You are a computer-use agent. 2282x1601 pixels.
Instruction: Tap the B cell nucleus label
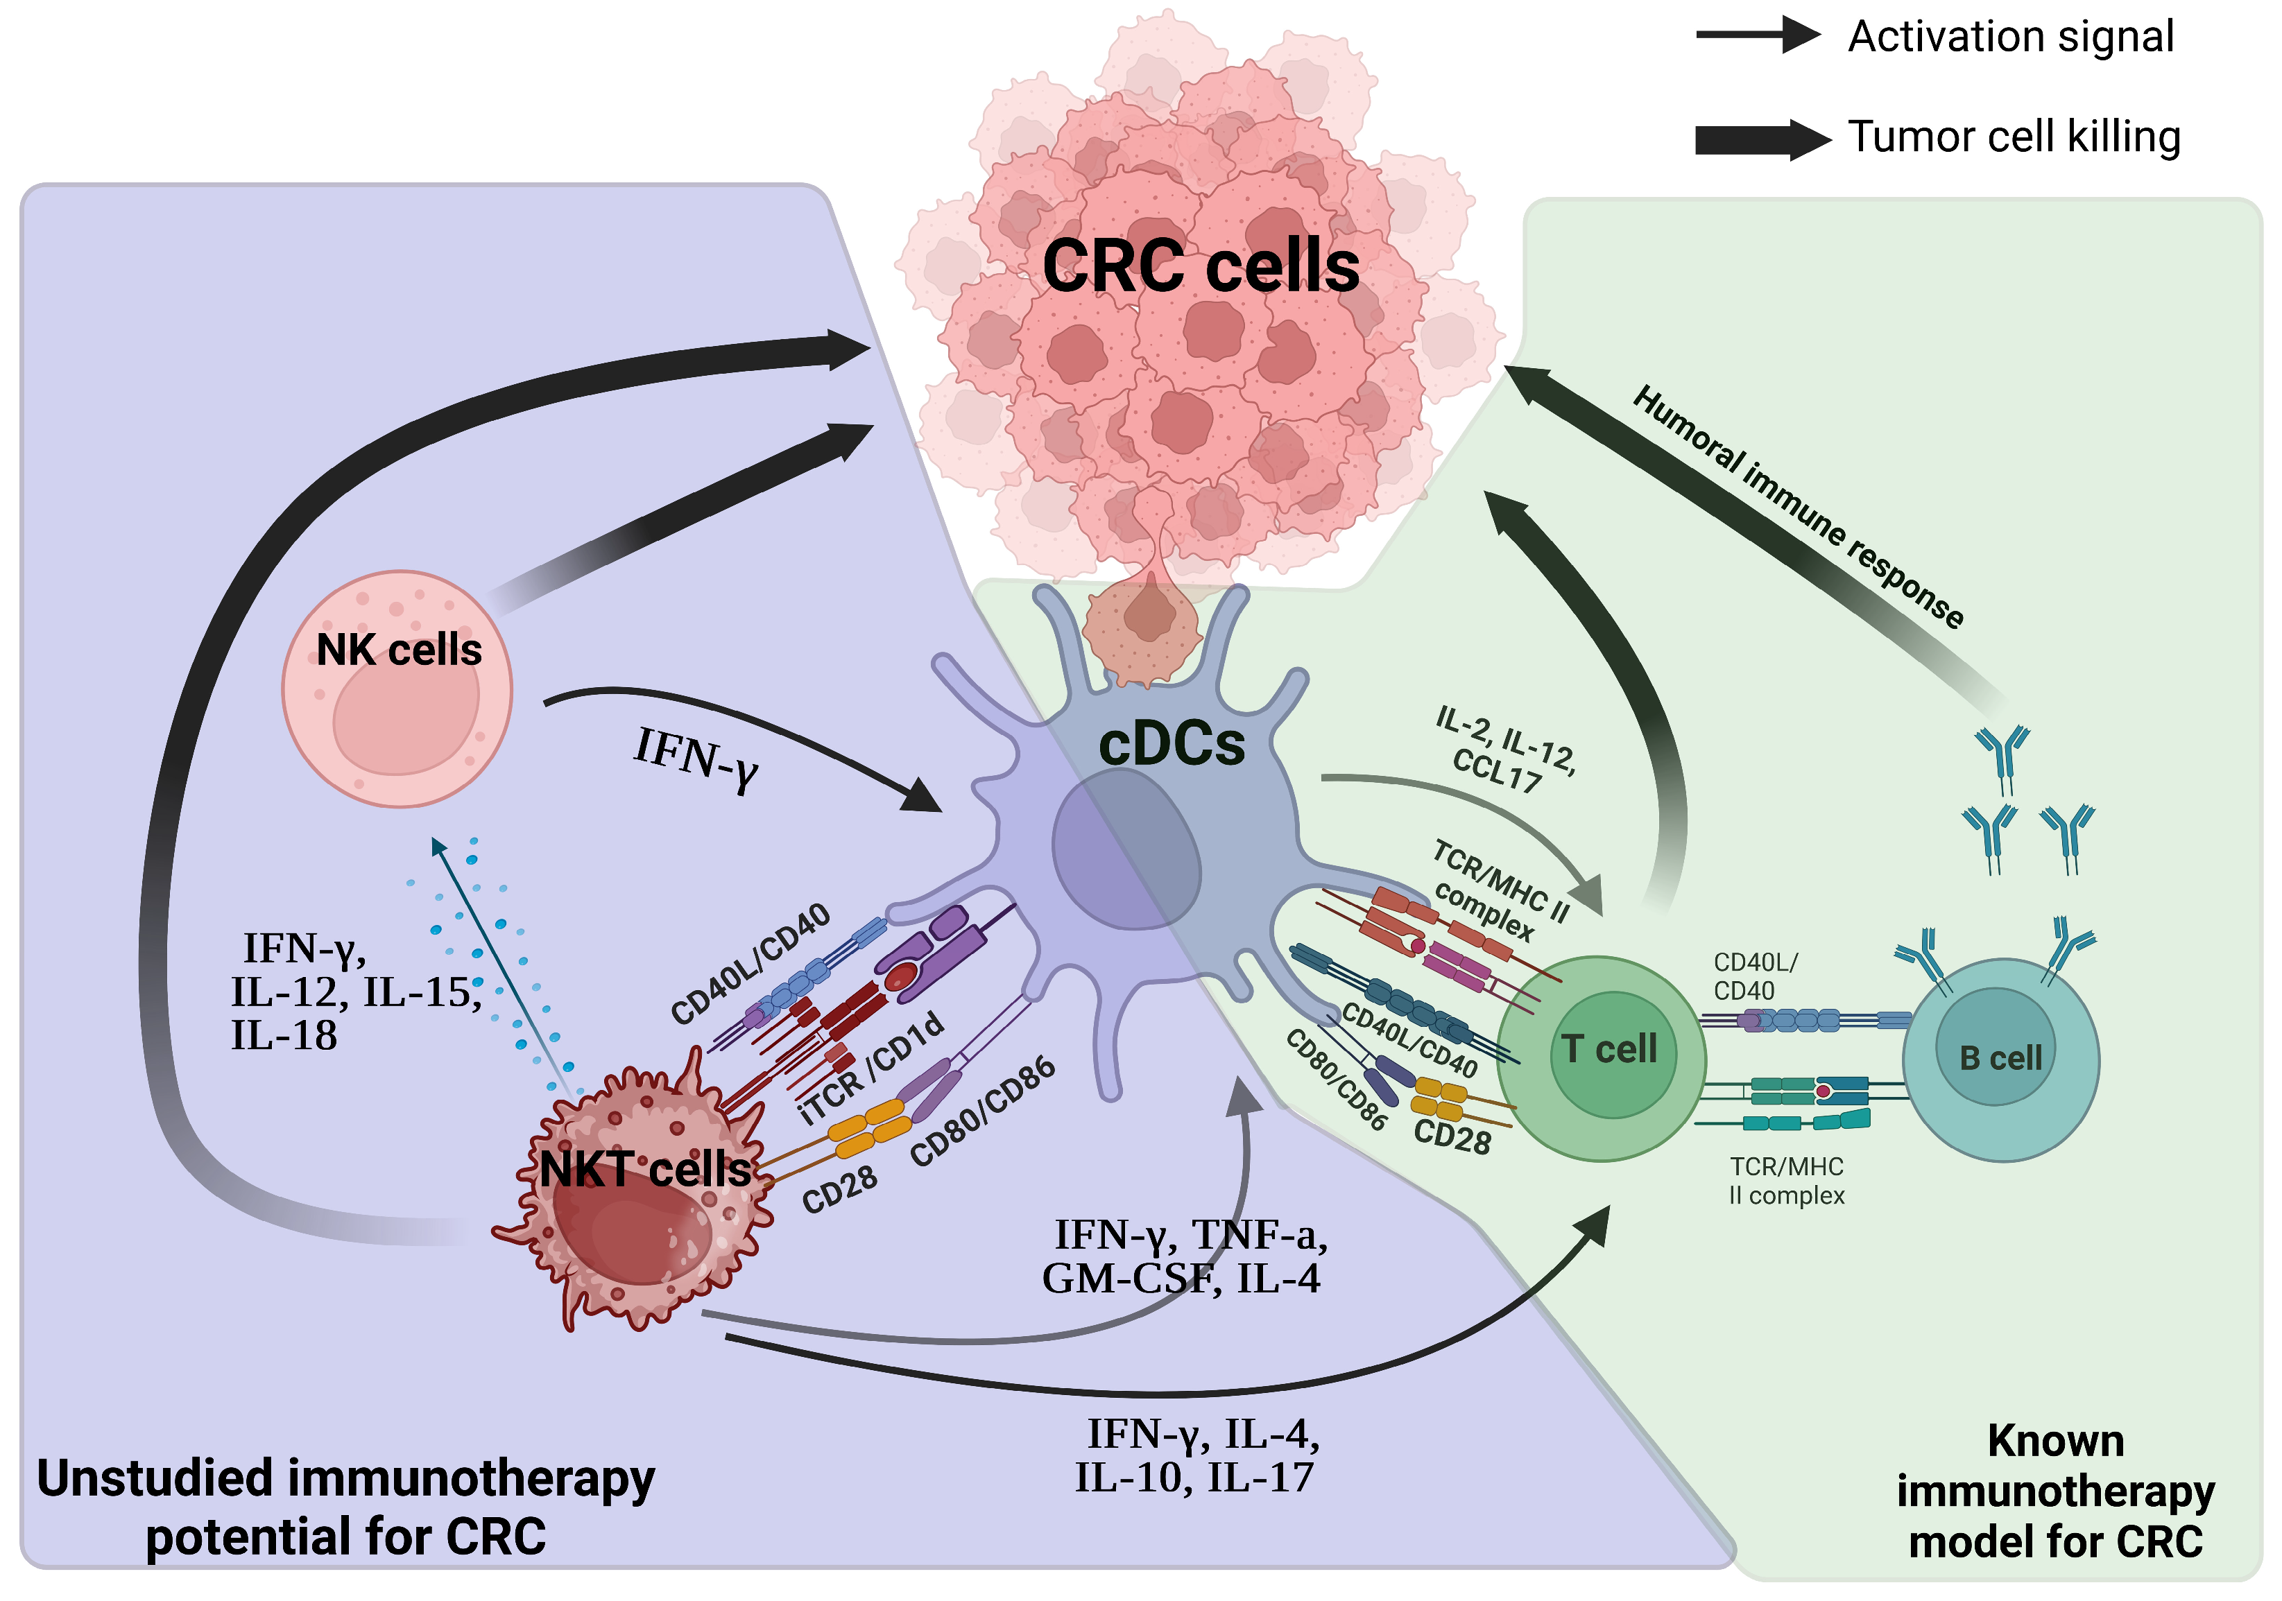tap(2000, 1058)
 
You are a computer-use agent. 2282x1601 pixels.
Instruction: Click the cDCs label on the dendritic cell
tap(1171, 745)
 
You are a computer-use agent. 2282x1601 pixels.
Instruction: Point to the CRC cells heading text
tap(1200, 266)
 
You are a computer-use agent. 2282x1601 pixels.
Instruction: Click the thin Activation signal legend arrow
tap(1757, 36)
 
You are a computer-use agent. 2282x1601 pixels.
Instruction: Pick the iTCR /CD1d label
tap(872, 1069)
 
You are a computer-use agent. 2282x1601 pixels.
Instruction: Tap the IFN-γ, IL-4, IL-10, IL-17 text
tap(1198, 1456)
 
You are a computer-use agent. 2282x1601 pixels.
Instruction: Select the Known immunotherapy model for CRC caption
tap(2054, 1491)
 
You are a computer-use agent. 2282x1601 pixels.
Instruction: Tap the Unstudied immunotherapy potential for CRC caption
tap(346, 1507)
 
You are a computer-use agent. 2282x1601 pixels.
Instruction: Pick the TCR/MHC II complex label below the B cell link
tap(1785, 1181)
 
